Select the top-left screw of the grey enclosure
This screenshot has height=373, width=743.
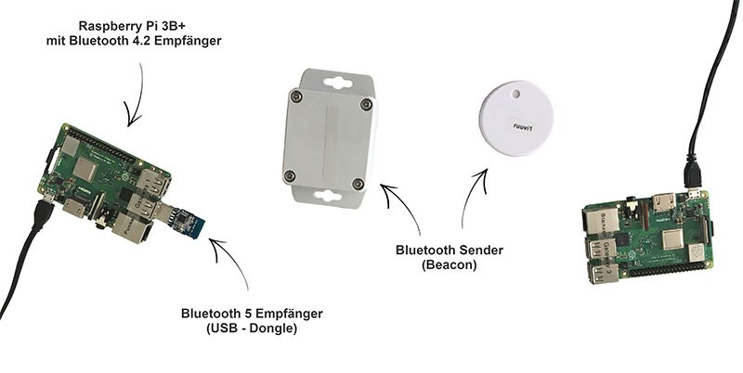[295, 95]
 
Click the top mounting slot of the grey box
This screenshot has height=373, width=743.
[332, 81]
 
